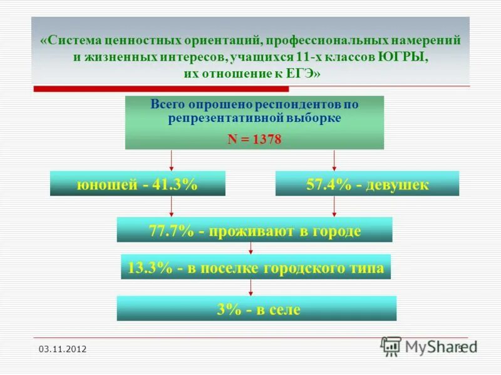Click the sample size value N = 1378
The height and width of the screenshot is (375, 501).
tap(254, 141)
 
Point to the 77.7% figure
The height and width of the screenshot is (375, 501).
tap(171, 231)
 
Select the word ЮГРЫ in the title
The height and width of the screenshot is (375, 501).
tap(403, 57)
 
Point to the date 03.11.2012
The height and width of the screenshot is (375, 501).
tap(63, 349)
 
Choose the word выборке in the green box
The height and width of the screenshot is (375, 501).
tap(313, 117)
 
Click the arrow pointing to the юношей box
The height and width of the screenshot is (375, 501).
tap(171, 161)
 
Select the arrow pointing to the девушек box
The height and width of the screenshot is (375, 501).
tap(334, 161)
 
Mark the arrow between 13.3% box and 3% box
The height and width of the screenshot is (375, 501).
tap(251, 287)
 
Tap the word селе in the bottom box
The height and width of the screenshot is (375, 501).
tap(283, 309)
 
